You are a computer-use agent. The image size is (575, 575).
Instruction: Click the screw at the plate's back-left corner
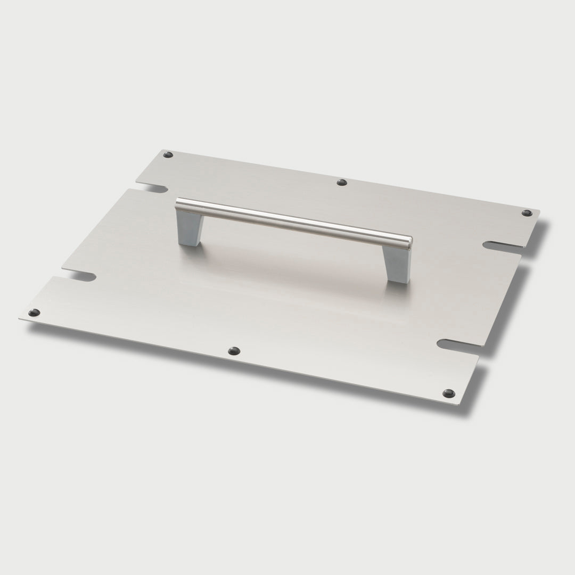(168, 155)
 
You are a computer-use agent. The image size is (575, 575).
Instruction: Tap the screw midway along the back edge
(342, 183)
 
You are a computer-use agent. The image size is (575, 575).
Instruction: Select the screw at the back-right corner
(527, 213)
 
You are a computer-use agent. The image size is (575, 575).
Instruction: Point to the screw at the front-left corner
(34, 313)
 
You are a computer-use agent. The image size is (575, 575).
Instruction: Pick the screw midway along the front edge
(233, 351)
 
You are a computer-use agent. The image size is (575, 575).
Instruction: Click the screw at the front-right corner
(448, 393)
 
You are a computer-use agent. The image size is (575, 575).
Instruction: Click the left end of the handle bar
(179, 203)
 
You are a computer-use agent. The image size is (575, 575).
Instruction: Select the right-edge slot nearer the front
(458, 345)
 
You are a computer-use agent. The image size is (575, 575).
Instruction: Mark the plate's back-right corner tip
(539, 211)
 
